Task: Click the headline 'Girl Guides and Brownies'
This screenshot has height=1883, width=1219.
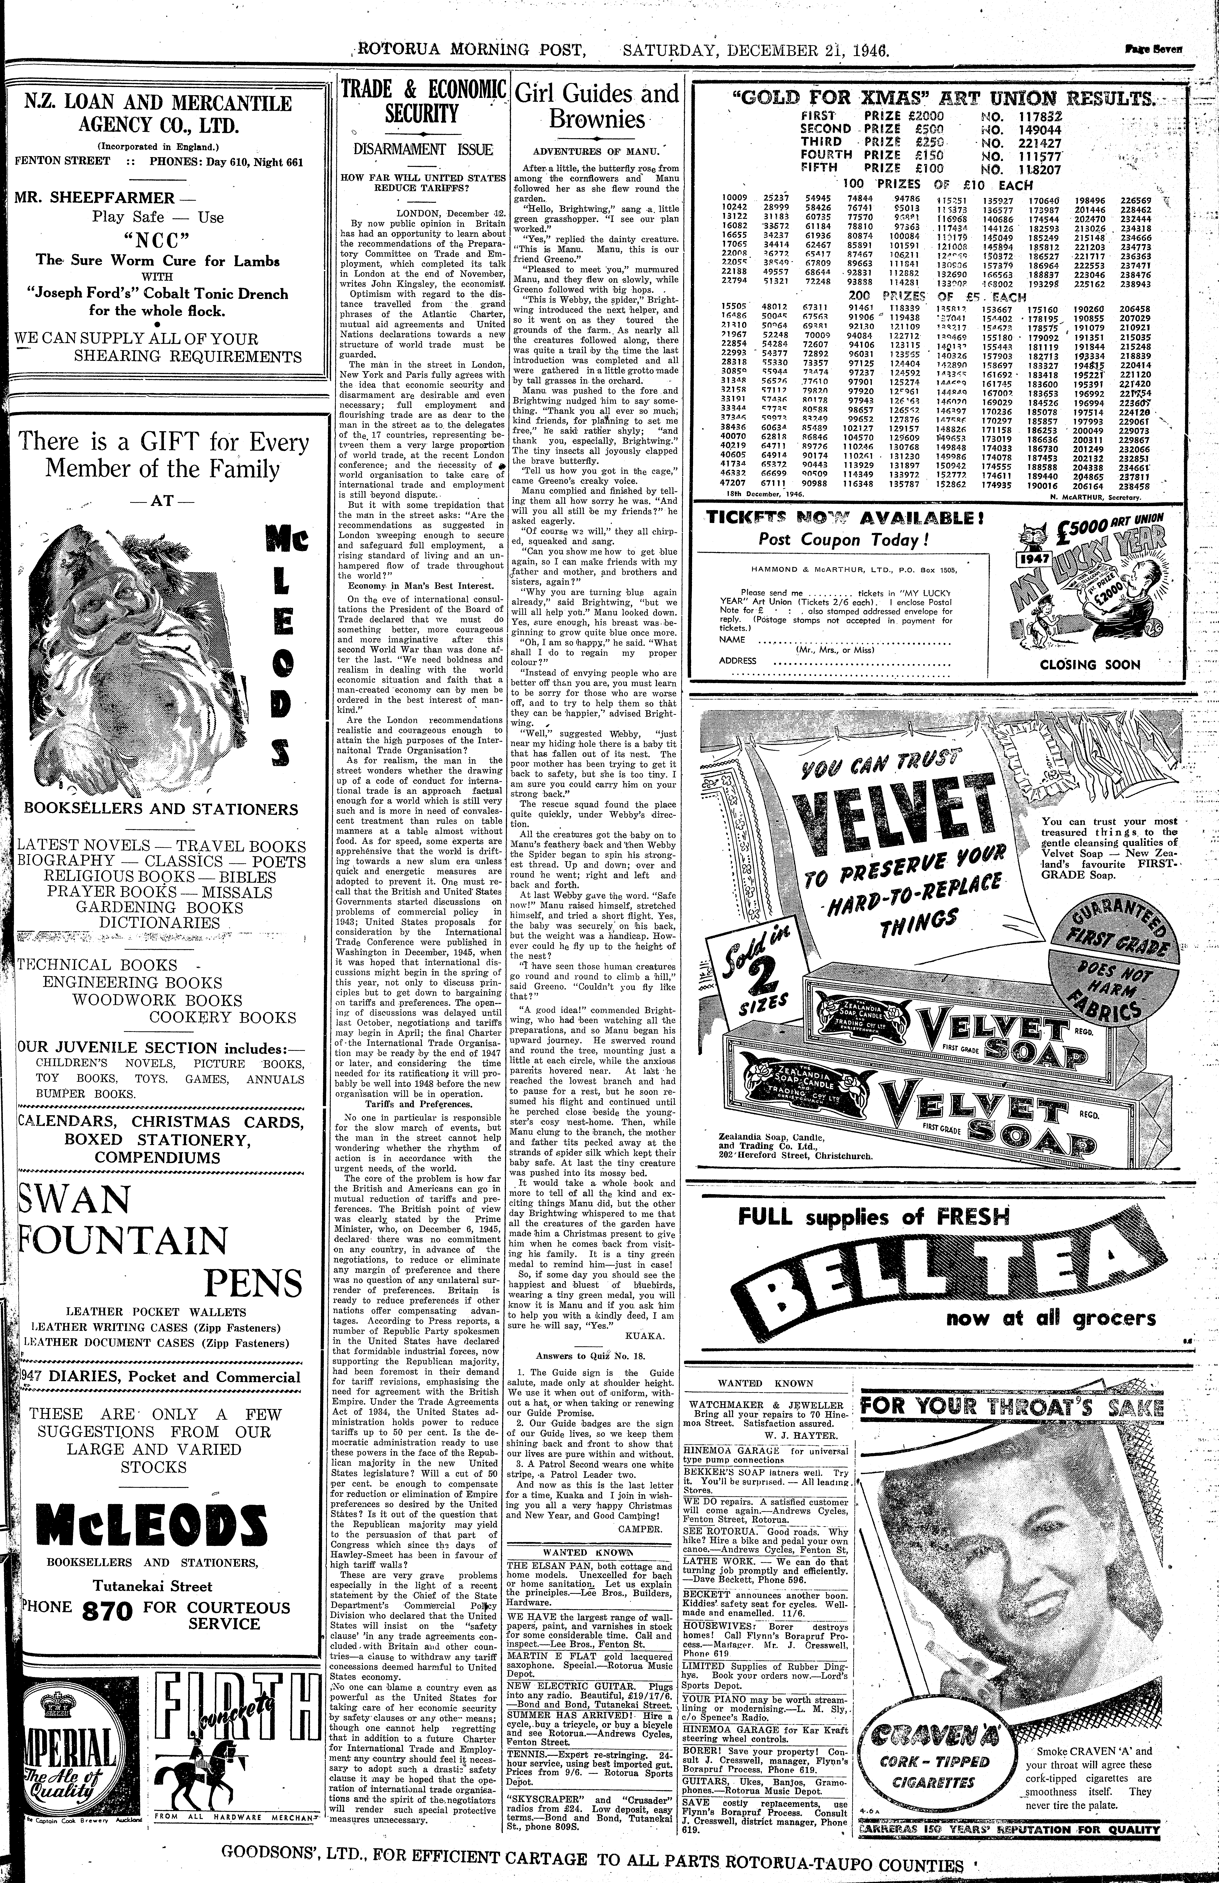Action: pos(596,107)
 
